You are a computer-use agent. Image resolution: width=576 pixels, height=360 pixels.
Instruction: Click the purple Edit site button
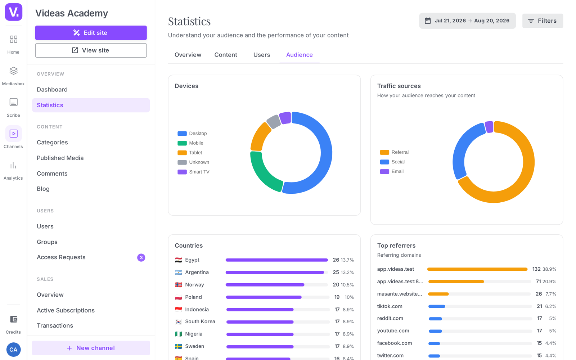[91, 33]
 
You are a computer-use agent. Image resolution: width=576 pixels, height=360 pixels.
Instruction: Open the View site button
[91, 50]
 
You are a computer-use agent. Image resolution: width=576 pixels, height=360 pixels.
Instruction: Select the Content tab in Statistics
[225, 55]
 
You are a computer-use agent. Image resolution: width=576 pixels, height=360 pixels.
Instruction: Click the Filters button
[543, 21]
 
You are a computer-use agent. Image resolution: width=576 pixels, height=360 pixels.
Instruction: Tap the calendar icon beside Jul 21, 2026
[428, 21]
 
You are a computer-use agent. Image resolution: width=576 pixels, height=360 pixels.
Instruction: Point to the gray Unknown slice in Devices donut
[273, 121]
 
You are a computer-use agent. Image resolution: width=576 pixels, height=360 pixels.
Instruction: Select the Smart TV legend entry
[193, 172]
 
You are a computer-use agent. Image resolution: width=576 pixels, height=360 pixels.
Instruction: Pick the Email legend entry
[392, 171]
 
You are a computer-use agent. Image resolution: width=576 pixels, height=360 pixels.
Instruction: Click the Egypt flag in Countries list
[179, 260]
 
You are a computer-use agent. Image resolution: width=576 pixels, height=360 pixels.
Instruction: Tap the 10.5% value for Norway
[347, 285]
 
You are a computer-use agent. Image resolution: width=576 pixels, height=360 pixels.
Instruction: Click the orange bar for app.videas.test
[477, 269]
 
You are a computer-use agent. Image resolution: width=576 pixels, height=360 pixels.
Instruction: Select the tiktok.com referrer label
[390, 306]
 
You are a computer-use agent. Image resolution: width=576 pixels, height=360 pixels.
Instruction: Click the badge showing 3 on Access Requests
[141, 257]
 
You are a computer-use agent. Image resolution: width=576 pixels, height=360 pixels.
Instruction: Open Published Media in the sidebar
[60, 158]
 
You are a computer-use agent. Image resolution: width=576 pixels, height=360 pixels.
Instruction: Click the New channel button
[91, 348]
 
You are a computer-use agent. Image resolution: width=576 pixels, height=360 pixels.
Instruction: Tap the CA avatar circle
[13, 350]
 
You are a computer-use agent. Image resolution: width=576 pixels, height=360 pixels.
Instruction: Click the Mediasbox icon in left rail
[13, 71]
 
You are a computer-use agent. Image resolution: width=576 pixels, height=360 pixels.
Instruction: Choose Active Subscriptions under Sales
[66, 310]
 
